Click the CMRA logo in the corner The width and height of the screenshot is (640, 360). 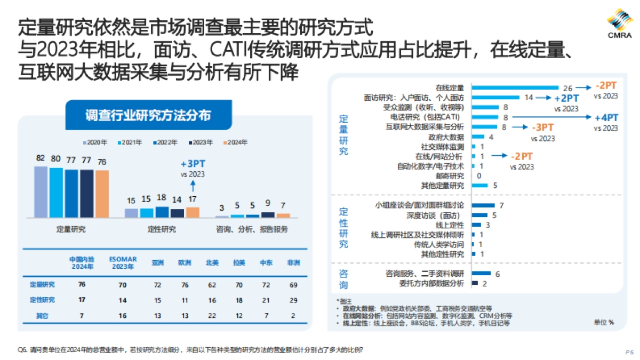619,23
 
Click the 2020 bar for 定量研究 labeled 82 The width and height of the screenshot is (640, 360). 41,192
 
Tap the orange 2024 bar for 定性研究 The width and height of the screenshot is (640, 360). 193,212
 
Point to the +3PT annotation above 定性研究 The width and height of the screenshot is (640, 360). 193,164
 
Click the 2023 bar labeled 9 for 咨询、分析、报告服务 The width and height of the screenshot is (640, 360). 268,214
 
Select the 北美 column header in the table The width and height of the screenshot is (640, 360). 212,262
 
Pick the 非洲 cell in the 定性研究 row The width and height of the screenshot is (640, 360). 293,300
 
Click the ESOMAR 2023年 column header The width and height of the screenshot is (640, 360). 123,262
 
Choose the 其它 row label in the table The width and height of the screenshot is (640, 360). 42,316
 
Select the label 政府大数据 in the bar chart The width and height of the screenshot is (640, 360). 447,137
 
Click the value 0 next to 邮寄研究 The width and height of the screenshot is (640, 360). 479,176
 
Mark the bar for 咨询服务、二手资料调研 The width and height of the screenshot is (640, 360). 481,274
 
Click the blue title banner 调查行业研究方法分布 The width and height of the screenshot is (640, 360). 148,115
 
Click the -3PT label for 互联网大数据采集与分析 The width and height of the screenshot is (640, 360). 542,127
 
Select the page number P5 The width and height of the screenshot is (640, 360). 628,352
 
